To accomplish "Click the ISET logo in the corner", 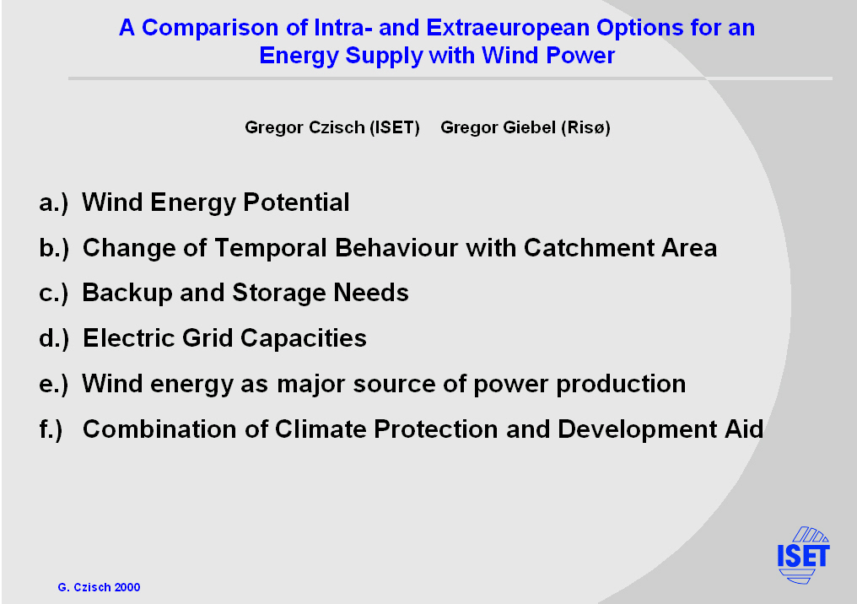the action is (803, 555).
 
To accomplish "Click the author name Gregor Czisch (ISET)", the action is (332, 127).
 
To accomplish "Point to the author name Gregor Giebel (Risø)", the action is (526, 127).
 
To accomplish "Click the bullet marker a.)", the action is (54, 202).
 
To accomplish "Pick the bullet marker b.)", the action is (54, 248).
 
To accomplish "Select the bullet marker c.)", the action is (54, 294).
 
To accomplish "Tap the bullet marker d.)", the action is (54, 338).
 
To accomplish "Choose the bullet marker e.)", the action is (54, 385).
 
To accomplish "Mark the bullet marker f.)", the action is (51, 429).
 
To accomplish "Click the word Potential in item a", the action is (296, 202).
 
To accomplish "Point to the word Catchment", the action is (588, 248).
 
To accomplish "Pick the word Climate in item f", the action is (321, 429).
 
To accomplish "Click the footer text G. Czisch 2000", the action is (99, 587).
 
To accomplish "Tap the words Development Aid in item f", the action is (660, 429).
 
